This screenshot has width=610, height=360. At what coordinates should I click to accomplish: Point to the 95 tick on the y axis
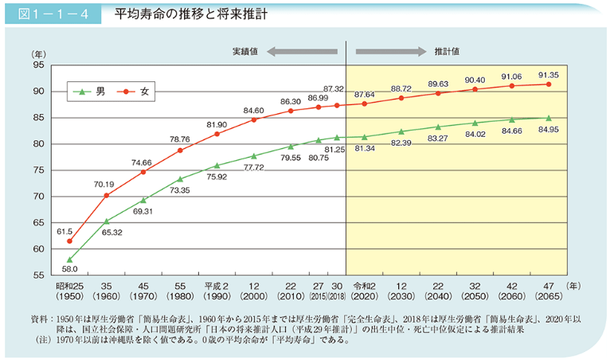(38, 66)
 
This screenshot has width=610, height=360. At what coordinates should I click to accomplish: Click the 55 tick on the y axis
(38, 275)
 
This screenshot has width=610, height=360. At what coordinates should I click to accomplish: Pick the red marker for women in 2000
(254, 119)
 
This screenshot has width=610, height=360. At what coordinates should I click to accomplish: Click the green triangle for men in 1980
(180, 179)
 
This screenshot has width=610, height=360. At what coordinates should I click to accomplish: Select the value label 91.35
(548, 75)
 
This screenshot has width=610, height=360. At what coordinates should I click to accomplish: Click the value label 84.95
(548, 129)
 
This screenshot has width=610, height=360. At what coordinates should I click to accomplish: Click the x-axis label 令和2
(364, 284)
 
